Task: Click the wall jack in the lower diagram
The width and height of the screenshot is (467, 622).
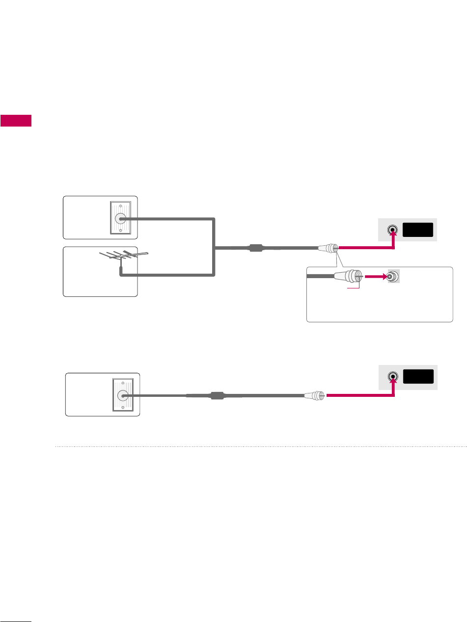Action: [121, 395]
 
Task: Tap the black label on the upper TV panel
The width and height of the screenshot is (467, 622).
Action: [418, 229]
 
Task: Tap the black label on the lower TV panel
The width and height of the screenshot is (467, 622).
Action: [418, 376]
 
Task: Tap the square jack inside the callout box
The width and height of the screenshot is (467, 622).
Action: [393, 277]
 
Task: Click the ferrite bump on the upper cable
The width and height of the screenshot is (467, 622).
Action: [256, 248]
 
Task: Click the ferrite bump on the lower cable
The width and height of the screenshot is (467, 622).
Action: [217, 395]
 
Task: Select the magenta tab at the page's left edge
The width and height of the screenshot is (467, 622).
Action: [16, 121]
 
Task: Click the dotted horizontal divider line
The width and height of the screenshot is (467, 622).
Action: [260, 447]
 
